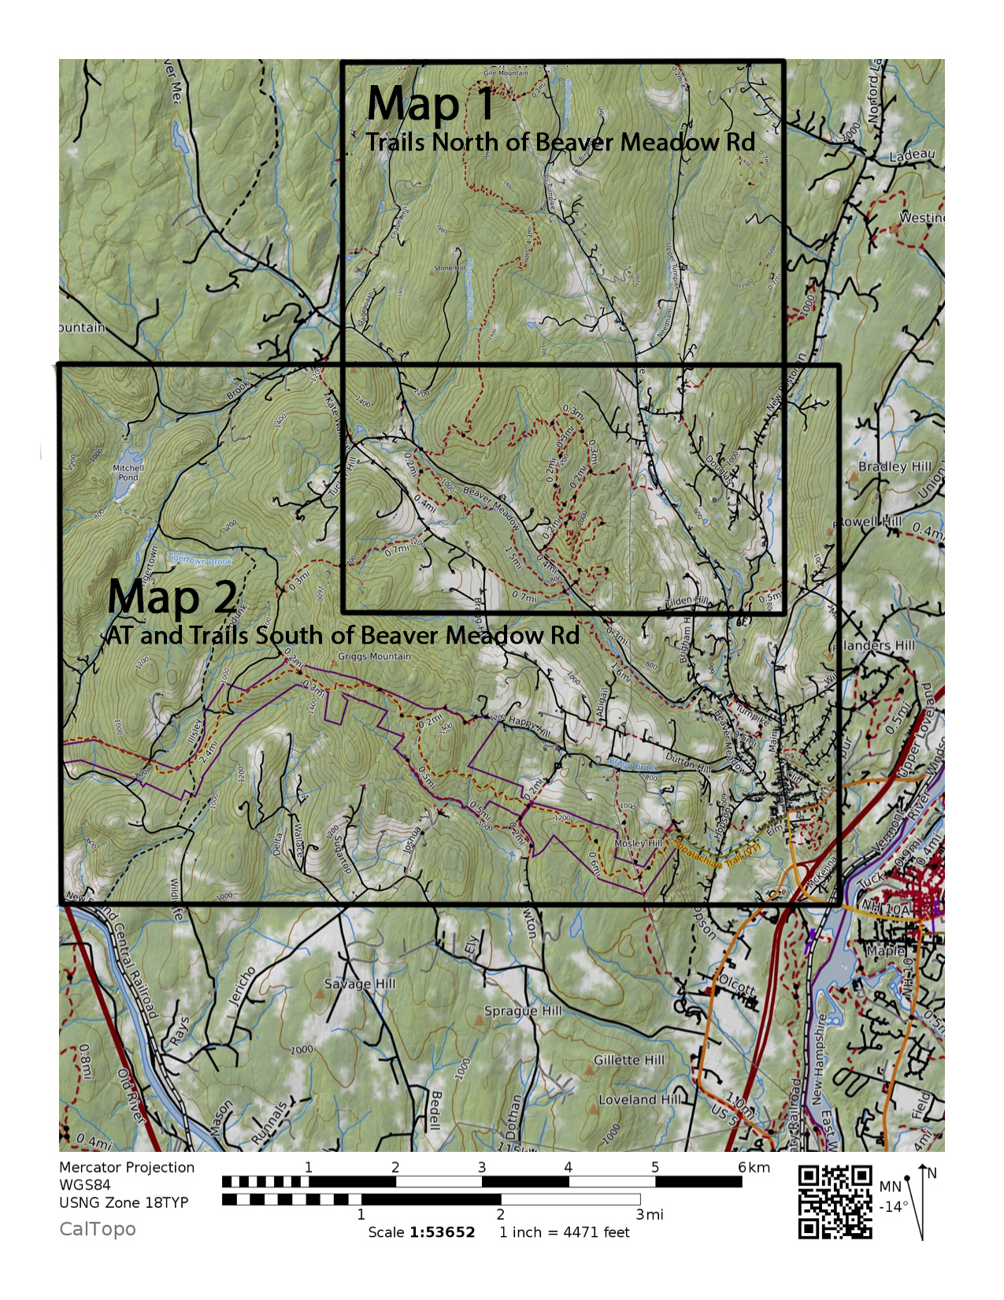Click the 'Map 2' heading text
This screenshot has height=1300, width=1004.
(172, 596)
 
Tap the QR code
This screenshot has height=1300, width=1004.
(835, 1202)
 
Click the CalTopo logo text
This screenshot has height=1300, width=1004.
(98, 1229)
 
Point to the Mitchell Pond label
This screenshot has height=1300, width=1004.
(128, 473)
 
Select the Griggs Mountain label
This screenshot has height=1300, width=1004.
(374, 656)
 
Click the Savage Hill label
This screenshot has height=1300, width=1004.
(360, 984)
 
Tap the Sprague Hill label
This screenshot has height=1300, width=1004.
(523, 1011)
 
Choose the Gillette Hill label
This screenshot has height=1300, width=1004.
(629, 1060)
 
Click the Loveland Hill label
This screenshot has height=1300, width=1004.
(639, 1099)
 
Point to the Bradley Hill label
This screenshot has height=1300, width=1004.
(895, 466)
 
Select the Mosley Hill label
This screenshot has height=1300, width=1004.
(639, 844)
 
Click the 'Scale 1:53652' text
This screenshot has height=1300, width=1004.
(421, 1232)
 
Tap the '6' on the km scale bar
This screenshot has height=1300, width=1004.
(741, 1167)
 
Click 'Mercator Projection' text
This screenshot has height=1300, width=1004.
(127, 1168)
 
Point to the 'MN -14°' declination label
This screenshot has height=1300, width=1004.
(892, 1197)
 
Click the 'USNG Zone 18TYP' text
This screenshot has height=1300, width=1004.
(124, 1202)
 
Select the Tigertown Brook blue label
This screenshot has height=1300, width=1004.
(199, 561)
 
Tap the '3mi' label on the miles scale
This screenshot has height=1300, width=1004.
(650, 1215)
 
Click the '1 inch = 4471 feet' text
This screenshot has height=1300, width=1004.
(564, 1232)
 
